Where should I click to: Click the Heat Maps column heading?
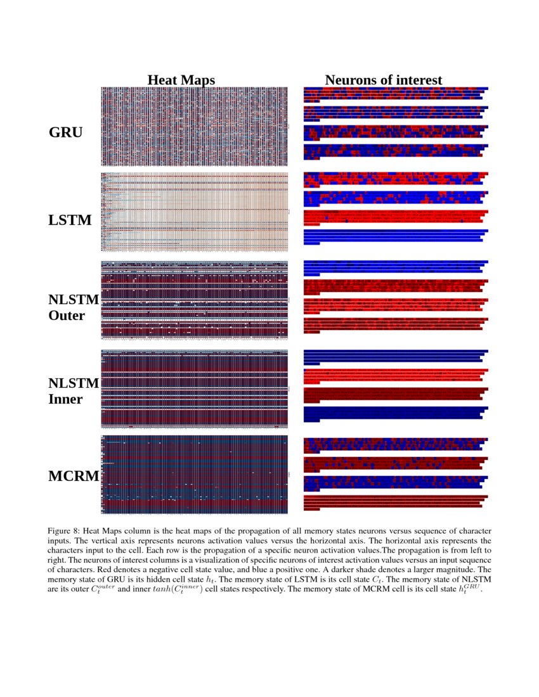click(181, 80)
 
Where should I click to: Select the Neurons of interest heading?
click(383, 80)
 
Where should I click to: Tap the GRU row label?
click(65, 133)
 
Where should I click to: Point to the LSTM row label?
click(70, 221)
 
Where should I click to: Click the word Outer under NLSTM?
click(66, 315)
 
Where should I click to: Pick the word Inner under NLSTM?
click(65, 399)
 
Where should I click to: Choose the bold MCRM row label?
click(74, 477)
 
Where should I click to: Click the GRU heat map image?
click(195, 125)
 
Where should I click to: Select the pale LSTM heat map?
click(195, 212)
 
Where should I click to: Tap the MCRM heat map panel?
click(195, 473)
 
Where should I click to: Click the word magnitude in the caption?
click(454, 570)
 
